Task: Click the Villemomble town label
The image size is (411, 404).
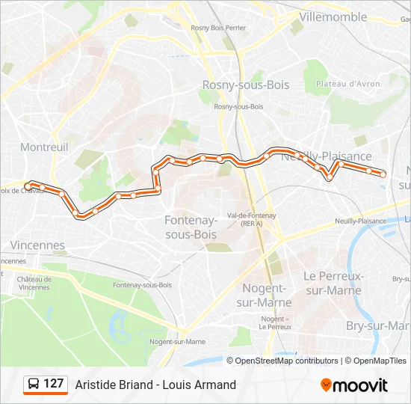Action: point(333,16)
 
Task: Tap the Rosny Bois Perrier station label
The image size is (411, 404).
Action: point(218,28)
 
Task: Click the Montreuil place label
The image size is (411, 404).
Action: point(44,147)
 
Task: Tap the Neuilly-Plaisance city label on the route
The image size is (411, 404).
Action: point(327,156)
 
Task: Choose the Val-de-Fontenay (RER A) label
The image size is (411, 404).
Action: point(251,218)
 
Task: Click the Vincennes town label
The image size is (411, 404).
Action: point(37,245)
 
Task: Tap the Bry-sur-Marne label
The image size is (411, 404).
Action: point(378,325)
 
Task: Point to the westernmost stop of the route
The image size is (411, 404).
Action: point(28,186)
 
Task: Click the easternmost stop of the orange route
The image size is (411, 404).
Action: point(383,174)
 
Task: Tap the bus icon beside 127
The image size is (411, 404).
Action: point(34,385)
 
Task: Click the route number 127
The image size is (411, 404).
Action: point(54,384)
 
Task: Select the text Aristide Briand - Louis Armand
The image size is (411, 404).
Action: point(155,385)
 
